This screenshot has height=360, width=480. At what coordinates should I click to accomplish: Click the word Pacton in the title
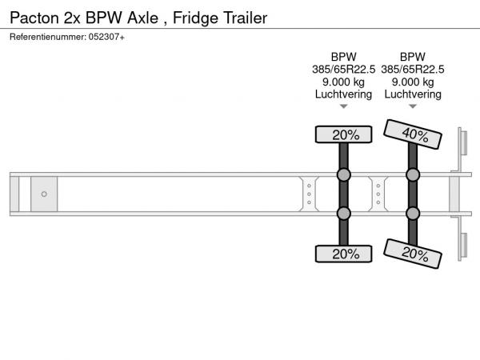[x=34, y=18]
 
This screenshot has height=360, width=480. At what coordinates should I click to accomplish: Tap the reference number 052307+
[x=106, y=37]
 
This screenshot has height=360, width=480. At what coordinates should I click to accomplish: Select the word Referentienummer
[x=48, y=37]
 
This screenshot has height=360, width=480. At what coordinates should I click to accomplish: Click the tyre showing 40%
[x=413, y=134]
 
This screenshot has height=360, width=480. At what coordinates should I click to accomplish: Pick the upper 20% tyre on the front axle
[x=343, y=134]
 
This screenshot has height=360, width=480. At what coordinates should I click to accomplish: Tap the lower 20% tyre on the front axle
[x=343, y=254]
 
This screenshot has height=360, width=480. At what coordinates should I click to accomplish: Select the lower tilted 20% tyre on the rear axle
[x=413, y=254]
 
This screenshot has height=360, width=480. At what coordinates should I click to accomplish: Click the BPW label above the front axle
[x=343, y=57]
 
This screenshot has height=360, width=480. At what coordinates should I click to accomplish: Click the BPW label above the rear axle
[x=413, y=57]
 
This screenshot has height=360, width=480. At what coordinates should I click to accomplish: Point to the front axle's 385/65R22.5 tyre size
[x=343, y=70]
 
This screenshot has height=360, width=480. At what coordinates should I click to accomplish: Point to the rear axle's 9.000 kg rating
[x=413, y=82]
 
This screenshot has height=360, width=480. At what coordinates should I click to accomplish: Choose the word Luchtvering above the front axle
[x=343, y=94]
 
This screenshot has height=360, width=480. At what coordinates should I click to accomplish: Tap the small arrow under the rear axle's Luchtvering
[x=413, y=106]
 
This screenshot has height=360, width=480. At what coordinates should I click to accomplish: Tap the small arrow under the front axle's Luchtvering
[x=343, y=106]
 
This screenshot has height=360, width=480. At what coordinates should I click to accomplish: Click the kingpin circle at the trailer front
[x=44, y=194]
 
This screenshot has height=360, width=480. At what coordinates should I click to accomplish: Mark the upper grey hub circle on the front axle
[x=343, y=174]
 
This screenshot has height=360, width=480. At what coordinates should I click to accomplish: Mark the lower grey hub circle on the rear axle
[x=413, y=214]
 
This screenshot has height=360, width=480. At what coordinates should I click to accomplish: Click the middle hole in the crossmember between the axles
[x=378, y=194]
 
